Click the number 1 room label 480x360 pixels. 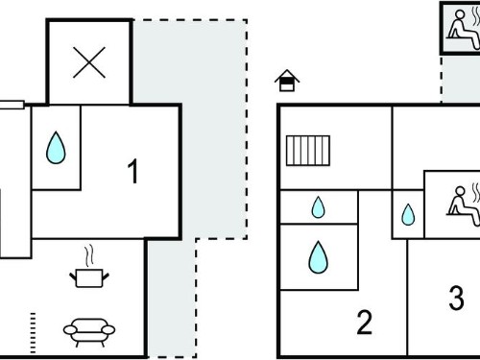click(x=132, y=171)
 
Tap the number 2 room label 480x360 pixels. click(x=365, y=323)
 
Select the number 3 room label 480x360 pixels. click(x=457, y=298)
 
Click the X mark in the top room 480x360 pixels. click(x=89, y=62)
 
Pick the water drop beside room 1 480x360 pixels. click(x=56, y=148)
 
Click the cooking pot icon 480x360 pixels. click(x=89, y=277)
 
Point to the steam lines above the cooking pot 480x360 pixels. click(x=89, y=255)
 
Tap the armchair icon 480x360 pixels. click(x=89, y=332)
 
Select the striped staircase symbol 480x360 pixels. click(x=308, y=151)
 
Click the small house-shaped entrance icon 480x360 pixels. click(x=287, y=81)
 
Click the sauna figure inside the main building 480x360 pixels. click(x=464, y=204)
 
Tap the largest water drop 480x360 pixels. click(x=319, y=257)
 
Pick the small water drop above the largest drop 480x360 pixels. click(x=319, y=207)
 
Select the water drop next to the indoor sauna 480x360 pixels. click(x=408, y=215)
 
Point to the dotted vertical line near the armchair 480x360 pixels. click(x=33, y=333)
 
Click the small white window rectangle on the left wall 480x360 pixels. click(x=12, y=105)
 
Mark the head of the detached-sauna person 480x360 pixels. click(x=460, y=15)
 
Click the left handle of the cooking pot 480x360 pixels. click(x=73, y=276)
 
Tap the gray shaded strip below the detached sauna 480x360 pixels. click(x=461, y=79)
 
